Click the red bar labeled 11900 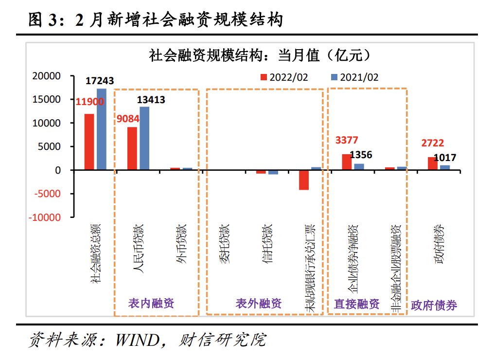[89, 142]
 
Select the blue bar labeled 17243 [101, 129]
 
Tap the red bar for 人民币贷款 [132, 148]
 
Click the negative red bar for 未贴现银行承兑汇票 [304, 180]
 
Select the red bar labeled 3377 [347, 162]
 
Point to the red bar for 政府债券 [432, 163]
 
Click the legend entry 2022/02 [284, 77]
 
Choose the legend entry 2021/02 [355, 77]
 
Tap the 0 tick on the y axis [58, 170]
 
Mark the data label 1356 [361, 155]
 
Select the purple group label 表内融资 [151, 304]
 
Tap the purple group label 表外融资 [259, 304]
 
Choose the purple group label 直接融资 [357, 304]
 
